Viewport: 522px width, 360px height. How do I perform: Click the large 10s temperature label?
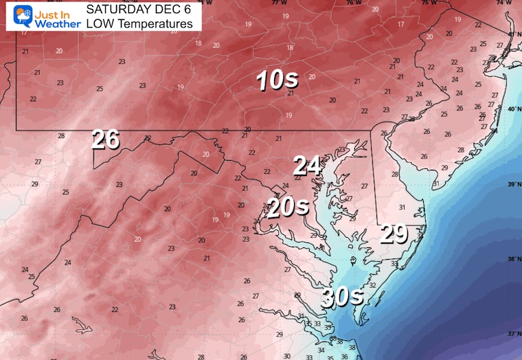point(277,81)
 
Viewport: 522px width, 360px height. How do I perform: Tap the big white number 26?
point(106,139)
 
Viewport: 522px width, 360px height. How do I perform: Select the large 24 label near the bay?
point(307,166)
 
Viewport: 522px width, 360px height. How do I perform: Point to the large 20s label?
point(287,206)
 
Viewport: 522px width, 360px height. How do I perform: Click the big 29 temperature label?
point(395,235)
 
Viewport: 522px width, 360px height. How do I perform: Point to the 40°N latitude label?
point(512,109)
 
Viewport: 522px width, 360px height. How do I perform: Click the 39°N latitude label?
point(512,183)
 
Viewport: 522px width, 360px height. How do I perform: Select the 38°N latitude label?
point(512,259)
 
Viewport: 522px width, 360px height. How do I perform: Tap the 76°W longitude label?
point(354,3)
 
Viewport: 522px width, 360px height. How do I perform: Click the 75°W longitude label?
point(430,3)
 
